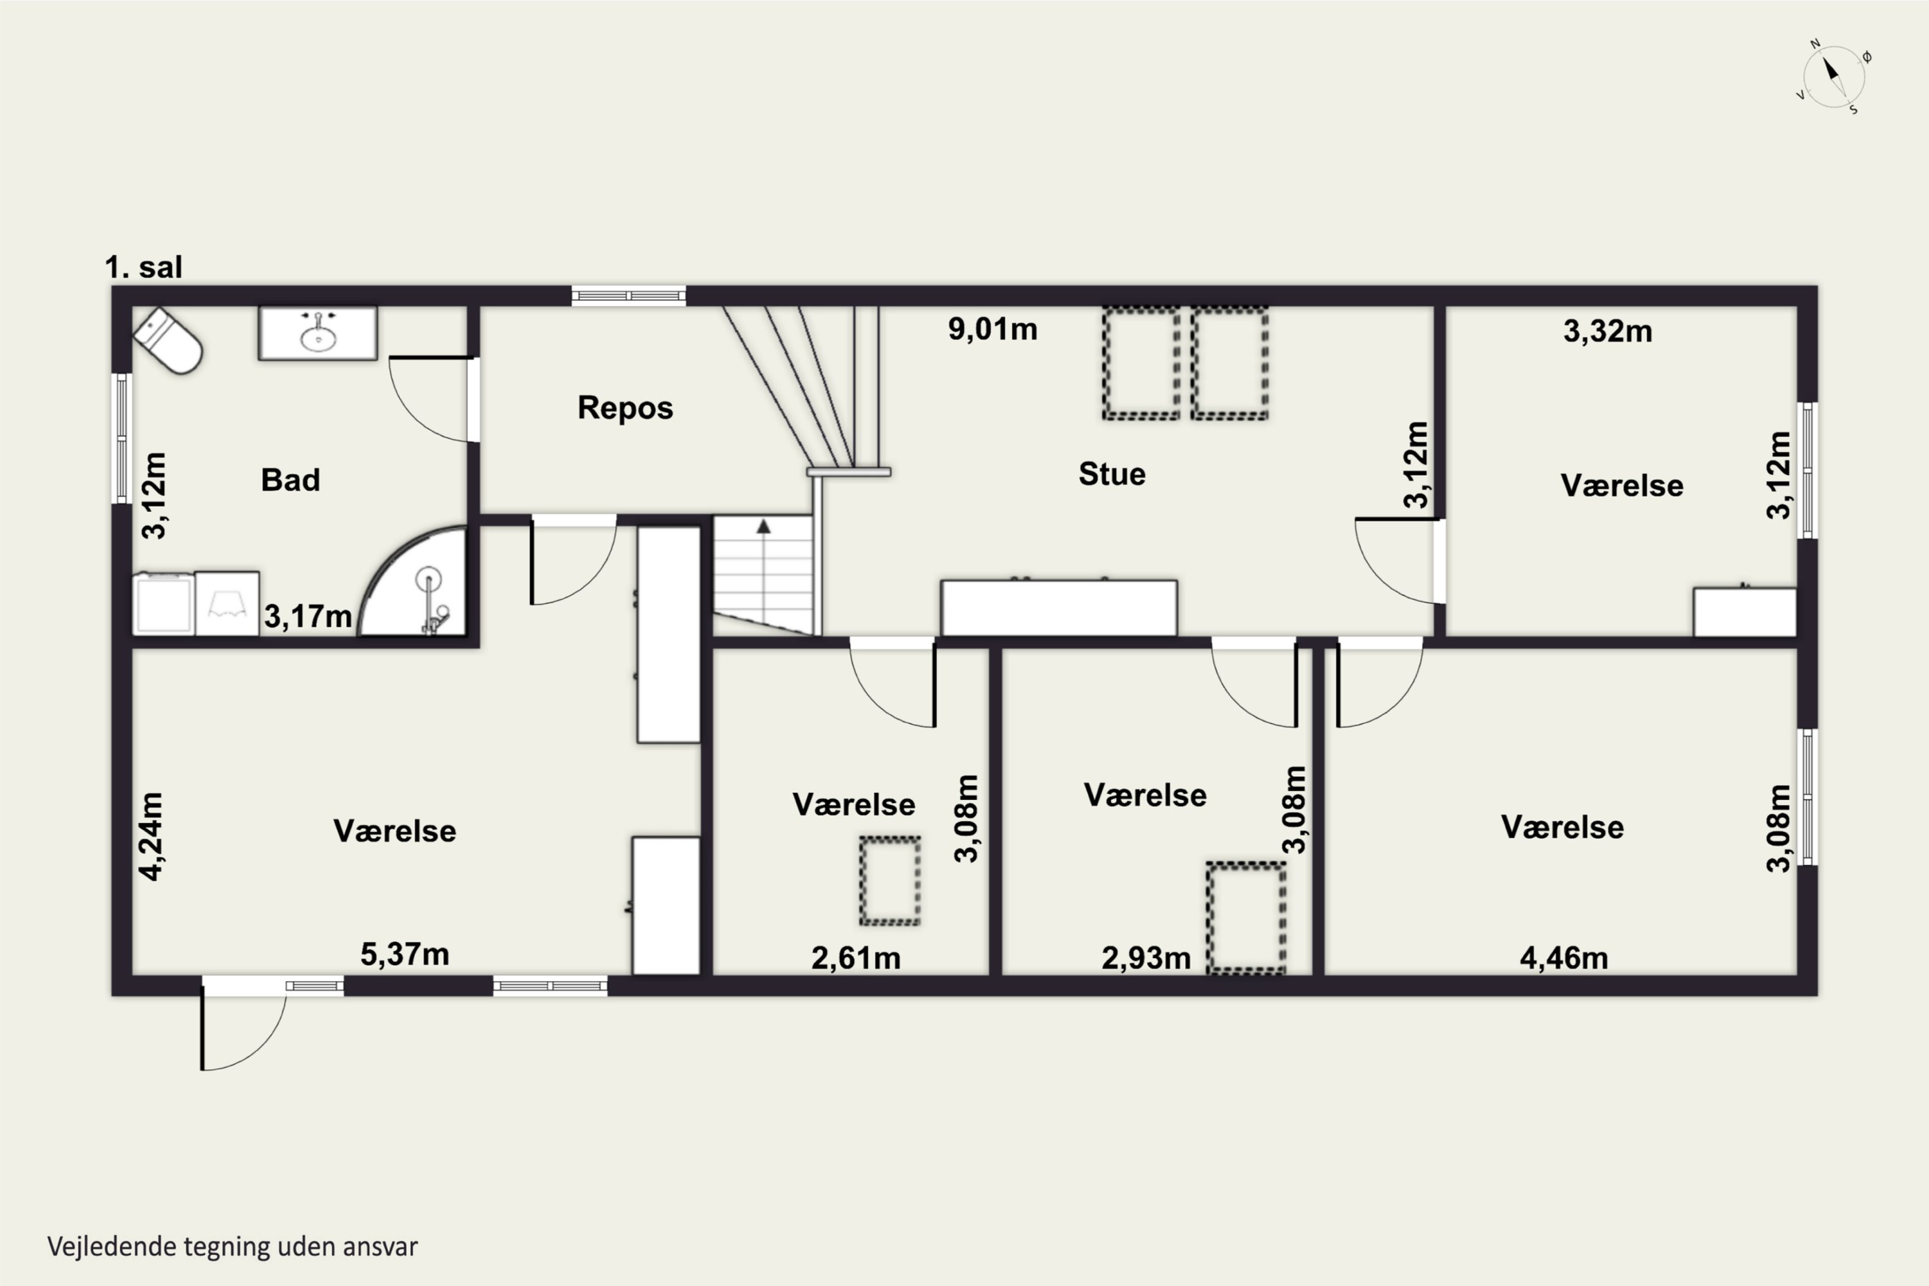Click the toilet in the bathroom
pos(168,340)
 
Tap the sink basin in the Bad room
pos(318,333)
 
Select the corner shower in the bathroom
pos(413,581)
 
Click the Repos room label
pos(625,408)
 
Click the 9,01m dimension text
pos(992,329)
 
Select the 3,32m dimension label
pos(1607,331)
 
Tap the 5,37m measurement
pos(404,954)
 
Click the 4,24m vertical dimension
pos(152,837)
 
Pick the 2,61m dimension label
pos(855,958)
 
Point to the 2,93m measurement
pos(1146,958)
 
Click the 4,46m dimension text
pos(1563,958)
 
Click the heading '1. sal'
pos(143,267)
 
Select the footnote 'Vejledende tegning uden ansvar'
pos(233,1247)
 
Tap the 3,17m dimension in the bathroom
pos(307,617)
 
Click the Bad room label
pos(291,480)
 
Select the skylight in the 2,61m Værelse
pos(890,881)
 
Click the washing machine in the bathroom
pos(164,604)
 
